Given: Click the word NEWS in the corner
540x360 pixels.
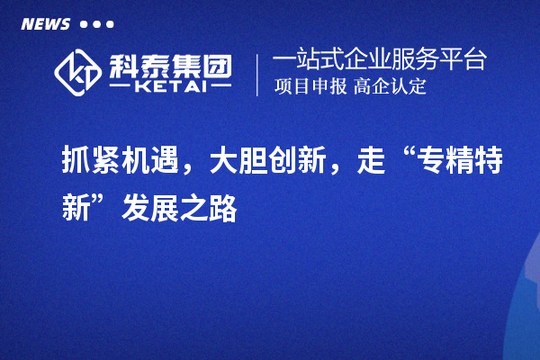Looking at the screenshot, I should pos(46,24).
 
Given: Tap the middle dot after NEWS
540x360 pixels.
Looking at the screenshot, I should pos(97,24).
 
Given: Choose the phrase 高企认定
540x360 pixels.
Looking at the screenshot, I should pos(390,86).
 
